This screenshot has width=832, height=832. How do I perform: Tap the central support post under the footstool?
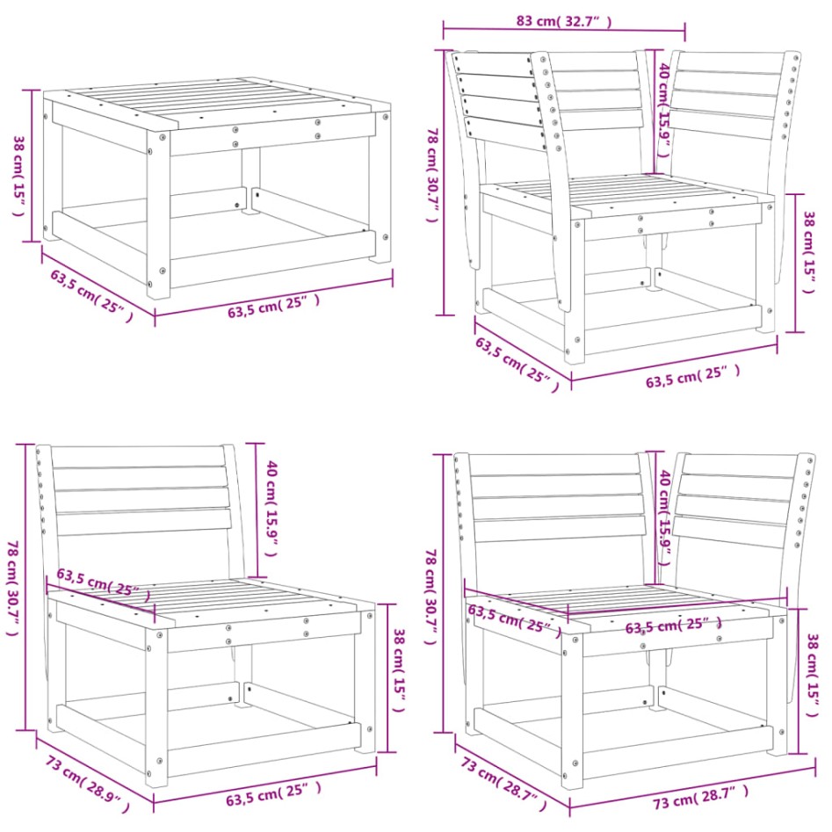251,180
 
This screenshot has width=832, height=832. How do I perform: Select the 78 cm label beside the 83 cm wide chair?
431,175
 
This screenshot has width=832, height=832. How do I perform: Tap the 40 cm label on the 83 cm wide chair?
665,97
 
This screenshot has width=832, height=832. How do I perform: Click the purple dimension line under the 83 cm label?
562,31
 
